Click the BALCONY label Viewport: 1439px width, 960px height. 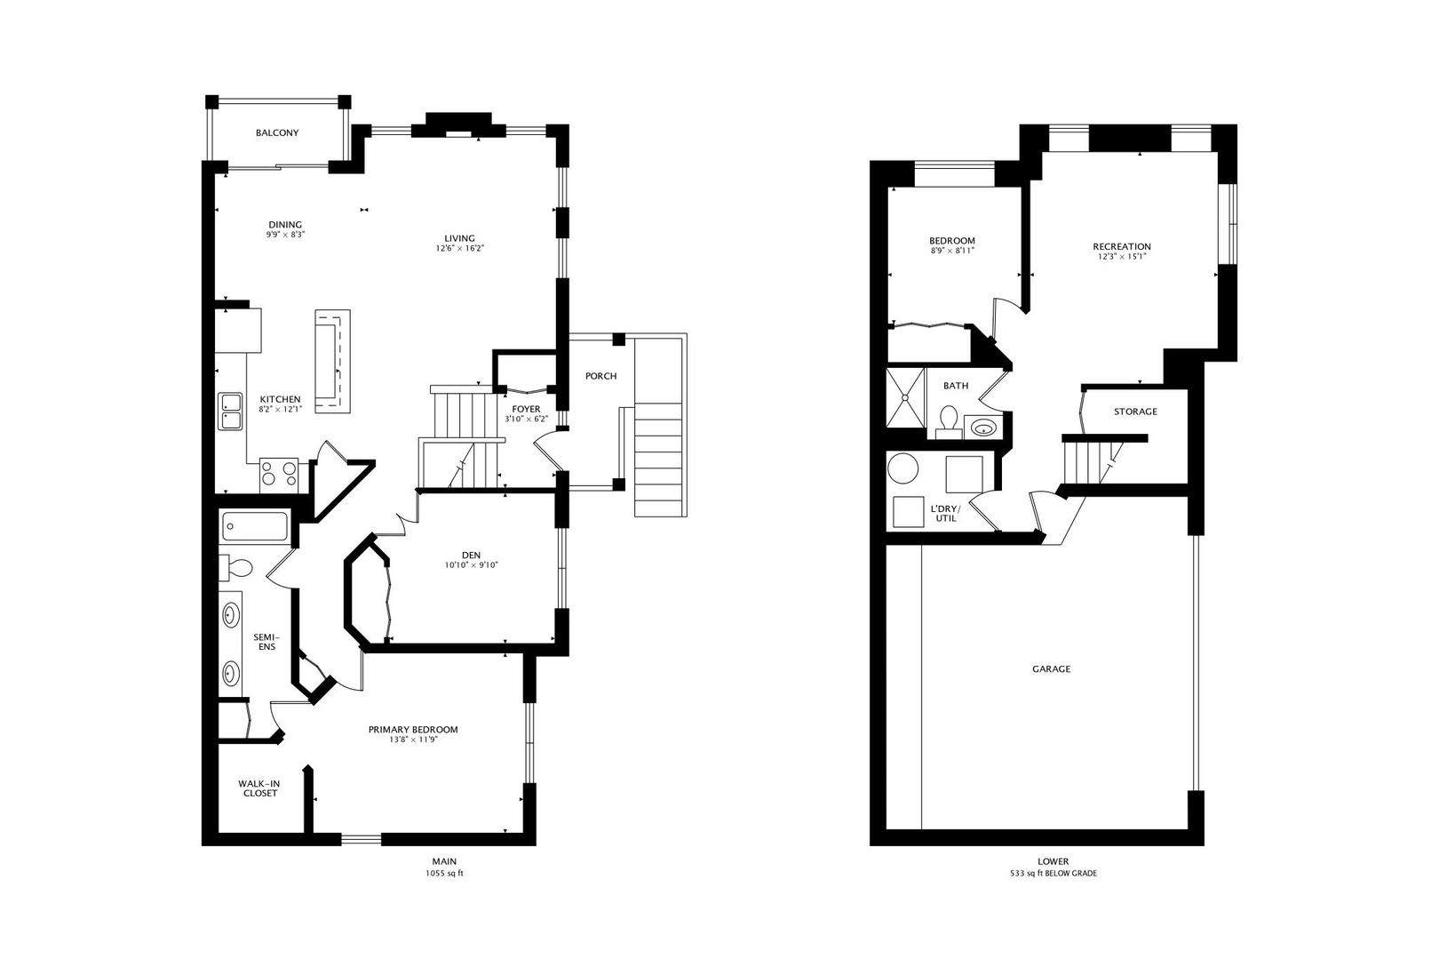click(277, 133)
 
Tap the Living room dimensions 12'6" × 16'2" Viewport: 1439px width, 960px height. click(459, 248)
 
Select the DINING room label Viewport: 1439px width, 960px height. click(285, 225)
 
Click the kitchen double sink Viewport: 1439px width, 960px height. click(230, 412)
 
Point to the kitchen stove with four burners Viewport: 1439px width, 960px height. click(279, 476)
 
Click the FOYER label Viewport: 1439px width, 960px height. click(526, 409)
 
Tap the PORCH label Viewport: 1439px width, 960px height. click(600, 376)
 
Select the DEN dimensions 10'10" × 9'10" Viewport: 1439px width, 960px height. click(472, 566)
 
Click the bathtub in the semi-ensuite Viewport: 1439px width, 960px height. click(254, 526)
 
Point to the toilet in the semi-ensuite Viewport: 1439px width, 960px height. click(236, 568)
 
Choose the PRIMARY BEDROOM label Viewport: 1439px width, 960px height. click(413, 730)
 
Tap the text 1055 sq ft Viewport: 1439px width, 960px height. click(444, 874)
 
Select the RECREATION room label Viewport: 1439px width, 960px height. click(1122, 247)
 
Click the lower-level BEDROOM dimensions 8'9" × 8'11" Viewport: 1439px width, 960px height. click(952, 251)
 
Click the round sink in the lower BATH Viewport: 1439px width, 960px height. click(982, 427)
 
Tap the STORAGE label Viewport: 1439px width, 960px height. click(1135, 412)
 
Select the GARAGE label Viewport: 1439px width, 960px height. click(1051, 669)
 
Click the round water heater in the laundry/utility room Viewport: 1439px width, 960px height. click(903, 468)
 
